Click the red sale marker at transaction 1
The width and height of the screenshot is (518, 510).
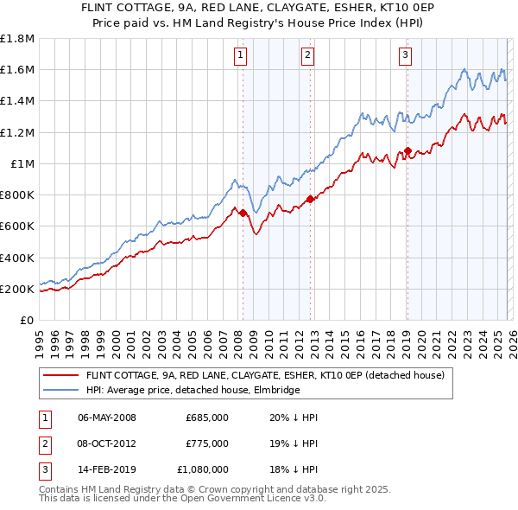coord(243,213)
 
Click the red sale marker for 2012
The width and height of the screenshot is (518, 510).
coord(310,199)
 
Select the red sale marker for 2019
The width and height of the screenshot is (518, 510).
coord(407,151)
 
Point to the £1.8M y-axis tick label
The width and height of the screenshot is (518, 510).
coord(17,39)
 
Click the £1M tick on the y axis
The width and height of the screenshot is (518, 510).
coord(22,163)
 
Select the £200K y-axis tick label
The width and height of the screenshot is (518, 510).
coord(16,289)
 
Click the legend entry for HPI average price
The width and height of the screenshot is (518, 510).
coord(192,390)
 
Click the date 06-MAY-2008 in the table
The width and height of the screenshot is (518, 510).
coord(107,418)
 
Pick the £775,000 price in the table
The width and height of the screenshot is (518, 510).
coord(206,443)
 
